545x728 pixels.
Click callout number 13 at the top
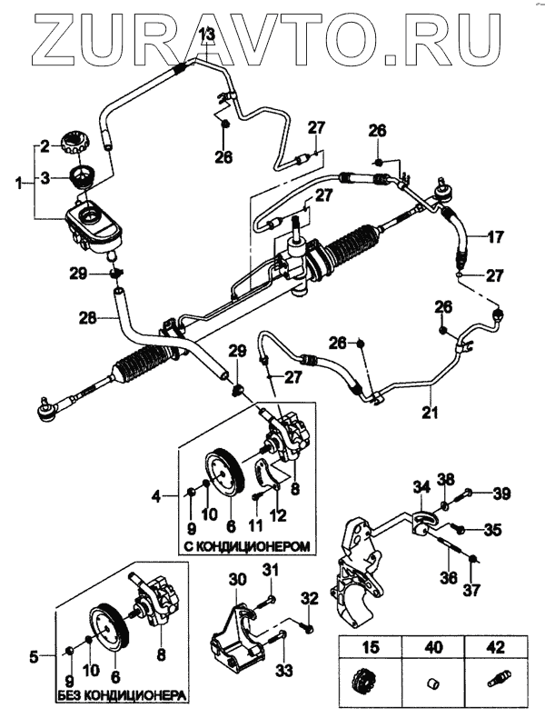coord(206,35)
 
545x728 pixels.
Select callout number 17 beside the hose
coord(495,238)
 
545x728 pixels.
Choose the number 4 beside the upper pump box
coord(156,496)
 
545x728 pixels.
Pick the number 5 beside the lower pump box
coord(35,653)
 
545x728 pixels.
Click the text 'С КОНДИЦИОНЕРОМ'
coord(246,547)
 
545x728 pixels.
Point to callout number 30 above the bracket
coord(236,578)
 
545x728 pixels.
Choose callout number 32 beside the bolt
coord(311,599)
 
